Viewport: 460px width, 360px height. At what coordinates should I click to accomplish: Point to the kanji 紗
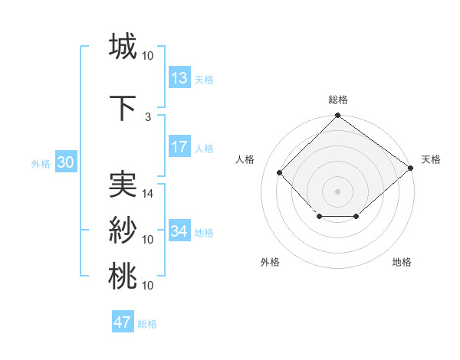point(123,230)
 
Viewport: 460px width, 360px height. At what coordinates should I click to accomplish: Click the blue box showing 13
point(179,77)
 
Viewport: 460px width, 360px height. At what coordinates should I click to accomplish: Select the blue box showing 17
point(179,147)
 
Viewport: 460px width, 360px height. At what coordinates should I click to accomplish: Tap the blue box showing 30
point(65,162)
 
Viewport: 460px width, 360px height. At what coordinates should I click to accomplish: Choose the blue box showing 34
point(179,231)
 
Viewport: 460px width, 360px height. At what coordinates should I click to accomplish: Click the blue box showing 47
point(123,322)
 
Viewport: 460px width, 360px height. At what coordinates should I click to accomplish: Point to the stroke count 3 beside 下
point(147,116)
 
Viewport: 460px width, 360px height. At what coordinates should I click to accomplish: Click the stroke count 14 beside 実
point(148,194)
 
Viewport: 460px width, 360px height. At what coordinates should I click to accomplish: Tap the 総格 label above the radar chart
point(337,100)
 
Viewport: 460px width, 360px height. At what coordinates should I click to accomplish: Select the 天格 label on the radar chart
point(431,159)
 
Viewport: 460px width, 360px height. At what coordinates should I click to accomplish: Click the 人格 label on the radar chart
point(245,159)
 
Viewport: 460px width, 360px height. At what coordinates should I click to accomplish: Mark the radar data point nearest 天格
point(411,168)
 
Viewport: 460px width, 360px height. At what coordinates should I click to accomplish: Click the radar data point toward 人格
point(280,172)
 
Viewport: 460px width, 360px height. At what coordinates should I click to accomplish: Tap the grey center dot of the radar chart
point(337,191)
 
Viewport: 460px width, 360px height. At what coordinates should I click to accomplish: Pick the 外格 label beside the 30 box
point(41,163)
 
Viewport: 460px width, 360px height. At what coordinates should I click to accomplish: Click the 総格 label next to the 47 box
point(147,324)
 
